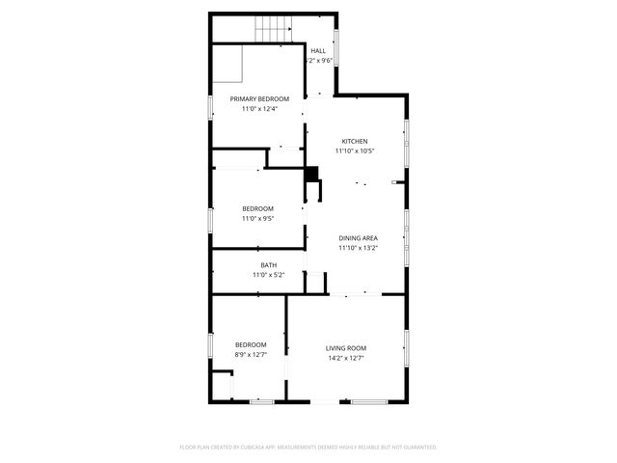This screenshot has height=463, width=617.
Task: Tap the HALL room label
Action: [318, 51]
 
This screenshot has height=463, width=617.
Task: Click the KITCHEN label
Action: [355, 141]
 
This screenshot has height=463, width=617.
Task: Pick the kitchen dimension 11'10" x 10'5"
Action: [355, 150]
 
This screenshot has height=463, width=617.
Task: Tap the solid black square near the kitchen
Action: [311, 175]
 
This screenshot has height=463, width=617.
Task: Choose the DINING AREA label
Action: [358, 237]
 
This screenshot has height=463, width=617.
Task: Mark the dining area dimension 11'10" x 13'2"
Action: [358, 248]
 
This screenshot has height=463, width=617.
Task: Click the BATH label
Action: [269, 265]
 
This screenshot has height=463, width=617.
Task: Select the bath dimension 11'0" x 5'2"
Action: [269, 275]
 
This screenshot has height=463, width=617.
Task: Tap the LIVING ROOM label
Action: [345, 348]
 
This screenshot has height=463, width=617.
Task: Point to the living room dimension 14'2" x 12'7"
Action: [345, 358]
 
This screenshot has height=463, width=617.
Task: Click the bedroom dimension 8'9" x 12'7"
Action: [251, 354]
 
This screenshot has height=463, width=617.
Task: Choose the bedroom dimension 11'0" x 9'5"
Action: [257, 219]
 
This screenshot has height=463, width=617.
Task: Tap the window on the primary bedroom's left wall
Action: [211, 106]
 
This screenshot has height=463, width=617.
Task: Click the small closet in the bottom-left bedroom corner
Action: [222, 387]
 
